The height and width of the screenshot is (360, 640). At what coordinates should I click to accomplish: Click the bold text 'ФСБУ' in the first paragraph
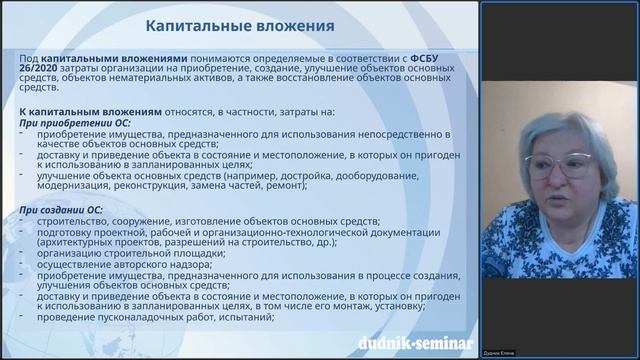pyautogui.click(x=425, y=59)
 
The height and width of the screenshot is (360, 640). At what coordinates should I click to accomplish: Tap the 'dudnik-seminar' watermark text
pyautogui.click(x=414, y=345)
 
